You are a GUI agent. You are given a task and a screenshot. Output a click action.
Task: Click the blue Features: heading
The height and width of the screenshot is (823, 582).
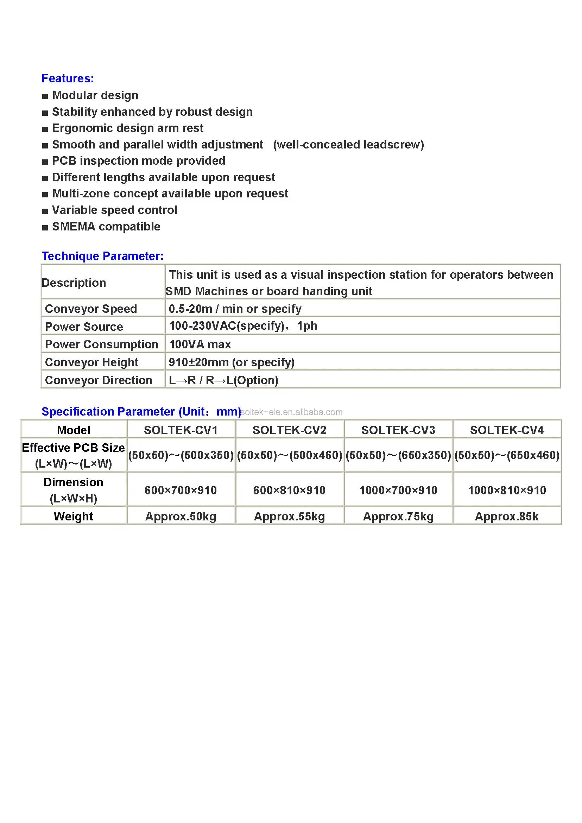pos(68,78)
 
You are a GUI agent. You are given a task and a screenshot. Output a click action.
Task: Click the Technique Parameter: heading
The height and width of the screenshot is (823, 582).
pos(102,256)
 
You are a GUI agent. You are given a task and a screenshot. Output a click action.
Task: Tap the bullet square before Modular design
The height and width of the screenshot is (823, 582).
pos(45,96)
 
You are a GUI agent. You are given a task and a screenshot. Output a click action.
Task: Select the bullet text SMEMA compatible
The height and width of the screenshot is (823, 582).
pos(106,227)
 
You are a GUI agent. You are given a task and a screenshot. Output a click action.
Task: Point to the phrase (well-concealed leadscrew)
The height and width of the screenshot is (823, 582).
pos(348,145)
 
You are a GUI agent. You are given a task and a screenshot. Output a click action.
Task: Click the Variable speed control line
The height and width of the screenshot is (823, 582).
pos(115,210)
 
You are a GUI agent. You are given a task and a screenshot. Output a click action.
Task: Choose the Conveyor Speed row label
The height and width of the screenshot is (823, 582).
pos(91,309)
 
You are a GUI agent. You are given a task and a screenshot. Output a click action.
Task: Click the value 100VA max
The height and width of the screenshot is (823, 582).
pos(200,344)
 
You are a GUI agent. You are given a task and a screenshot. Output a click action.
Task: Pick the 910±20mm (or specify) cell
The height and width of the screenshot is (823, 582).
pos(232,362)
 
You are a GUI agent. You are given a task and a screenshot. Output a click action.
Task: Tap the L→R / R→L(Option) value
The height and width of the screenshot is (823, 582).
pos(224,380)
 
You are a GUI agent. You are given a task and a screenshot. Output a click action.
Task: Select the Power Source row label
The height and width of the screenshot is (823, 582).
pos(84,327)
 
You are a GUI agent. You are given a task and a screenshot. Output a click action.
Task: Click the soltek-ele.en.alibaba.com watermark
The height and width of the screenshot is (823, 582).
pos(291,412)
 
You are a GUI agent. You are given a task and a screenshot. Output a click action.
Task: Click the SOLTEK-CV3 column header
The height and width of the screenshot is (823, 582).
pos(398,430)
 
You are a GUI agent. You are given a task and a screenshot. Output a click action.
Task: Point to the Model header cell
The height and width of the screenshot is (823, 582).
pos(74,430)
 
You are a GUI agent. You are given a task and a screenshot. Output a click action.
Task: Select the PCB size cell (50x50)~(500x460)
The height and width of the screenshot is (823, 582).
pos(290,455)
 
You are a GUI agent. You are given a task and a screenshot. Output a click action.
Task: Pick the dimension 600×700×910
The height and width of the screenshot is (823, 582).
pos(181,490)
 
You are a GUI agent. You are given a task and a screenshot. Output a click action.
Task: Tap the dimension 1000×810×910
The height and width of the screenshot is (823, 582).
pos(507,490)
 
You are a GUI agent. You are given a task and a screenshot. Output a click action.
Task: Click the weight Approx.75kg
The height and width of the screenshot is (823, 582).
pos(398,516)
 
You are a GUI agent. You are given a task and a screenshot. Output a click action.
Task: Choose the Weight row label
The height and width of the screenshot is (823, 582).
pos(74,516)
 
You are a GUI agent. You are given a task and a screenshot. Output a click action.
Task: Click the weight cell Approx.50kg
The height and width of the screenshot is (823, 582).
pos(181,516)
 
